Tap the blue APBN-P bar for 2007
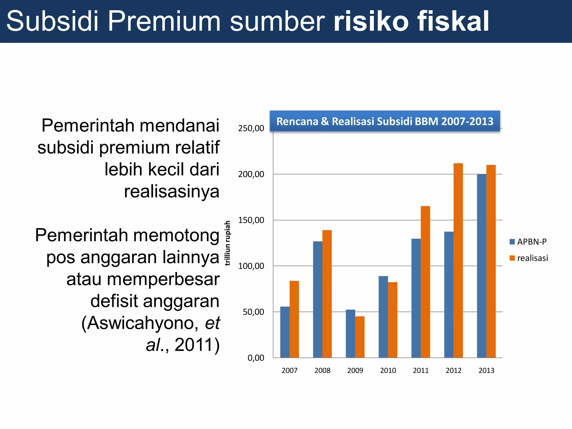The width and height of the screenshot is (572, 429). (285, 332)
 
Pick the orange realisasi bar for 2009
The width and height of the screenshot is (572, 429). (360, 337)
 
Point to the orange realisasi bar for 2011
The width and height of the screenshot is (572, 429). (425, 282)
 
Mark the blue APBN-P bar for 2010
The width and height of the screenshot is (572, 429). (383, 317)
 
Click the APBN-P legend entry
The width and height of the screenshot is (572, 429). (528, 242)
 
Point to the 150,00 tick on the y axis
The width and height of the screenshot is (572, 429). (251, 220)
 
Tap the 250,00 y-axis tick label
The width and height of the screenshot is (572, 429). (251, 128)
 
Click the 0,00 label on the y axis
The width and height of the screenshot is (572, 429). (256, 358)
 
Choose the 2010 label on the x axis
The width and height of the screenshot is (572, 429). (388, 370)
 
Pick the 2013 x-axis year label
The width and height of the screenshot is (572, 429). (486, 370)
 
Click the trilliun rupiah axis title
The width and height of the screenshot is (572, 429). (228, 243)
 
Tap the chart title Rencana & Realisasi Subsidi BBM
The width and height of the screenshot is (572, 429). (385, 121)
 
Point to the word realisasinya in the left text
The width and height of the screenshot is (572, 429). (171, 192)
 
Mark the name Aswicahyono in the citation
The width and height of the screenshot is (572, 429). (143, 323)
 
